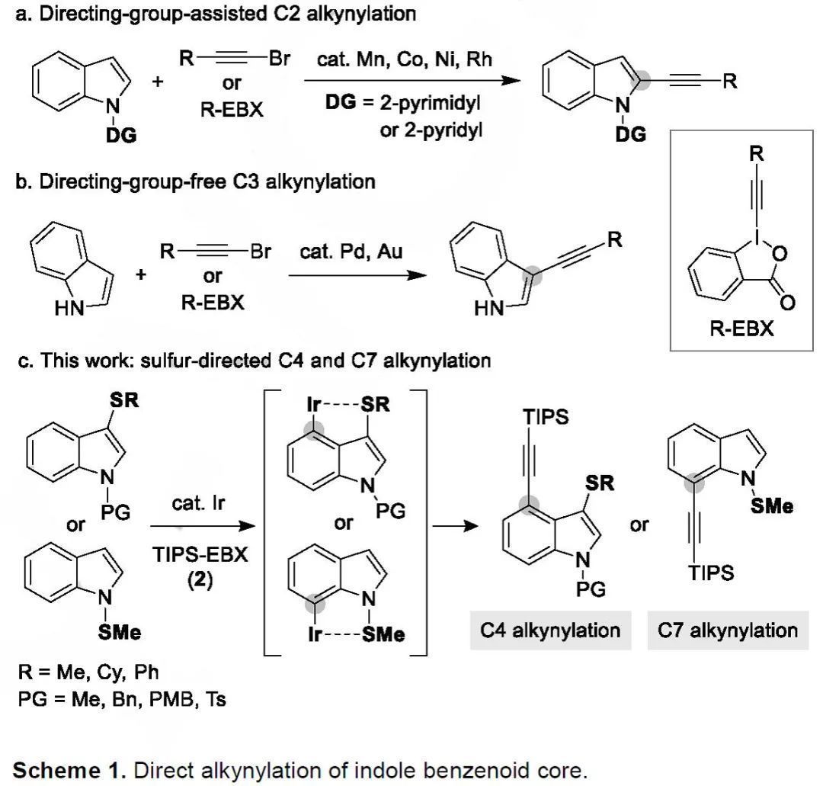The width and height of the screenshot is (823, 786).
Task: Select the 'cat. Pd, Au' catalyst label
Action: (x=350, y=251)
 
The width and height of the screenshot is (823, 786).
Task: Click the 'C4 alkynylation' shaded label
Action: (x=550, y=630)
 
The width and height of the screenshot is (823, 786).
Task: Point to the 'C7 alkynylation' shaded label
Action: (x=728, y=630)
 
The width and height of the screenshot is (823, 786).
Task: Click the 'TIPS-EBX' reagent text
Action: (x=200, y=554)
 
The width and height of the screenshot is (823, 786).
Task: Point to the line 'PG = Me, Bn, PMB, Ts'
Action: (x=123, y=698)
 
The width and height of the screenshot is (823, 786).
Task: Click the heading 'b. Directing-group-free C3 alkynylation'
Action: (x=196, y=182)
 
